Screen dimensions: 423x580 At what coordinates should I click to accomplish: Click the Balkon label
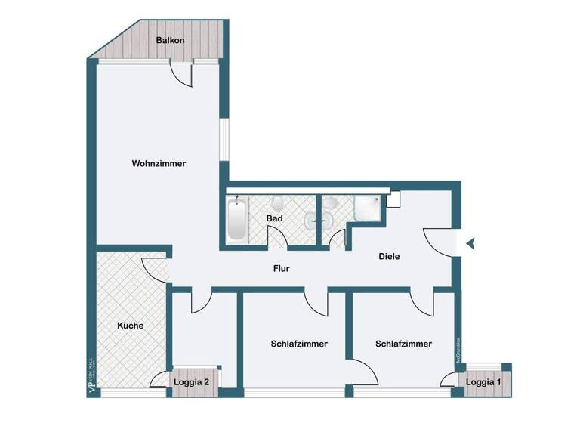(170, 40)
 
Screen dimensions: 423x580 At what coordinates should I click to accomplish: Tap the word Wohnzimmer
(159, 163)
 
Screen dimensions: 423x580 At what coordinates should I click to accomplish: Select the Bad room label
(274, 219)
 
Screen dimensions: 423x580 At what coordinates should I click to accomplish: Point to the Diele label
(389, 257)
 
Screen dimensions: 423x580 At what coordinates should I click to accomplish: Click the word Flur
(281, 268)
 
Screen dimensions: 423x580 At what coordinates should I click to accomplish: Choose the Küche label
(130, 326)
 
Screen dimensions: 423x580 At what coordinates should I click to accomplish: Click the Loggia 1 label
(483, 382)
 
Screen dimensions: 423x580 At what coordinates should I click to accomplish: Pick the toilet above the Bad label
(278, 202)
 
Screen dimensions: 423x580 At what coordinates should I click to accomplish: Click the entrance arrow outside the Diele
(470, 243)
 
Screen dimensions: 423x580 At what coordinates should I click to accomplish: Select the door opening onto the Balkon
(181, 74)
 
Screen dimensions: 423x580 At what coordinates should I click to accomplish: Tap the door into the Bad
(278, 239)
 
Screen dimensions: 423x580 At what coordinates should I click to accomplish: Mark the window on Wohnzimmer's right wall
(224, 139)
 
